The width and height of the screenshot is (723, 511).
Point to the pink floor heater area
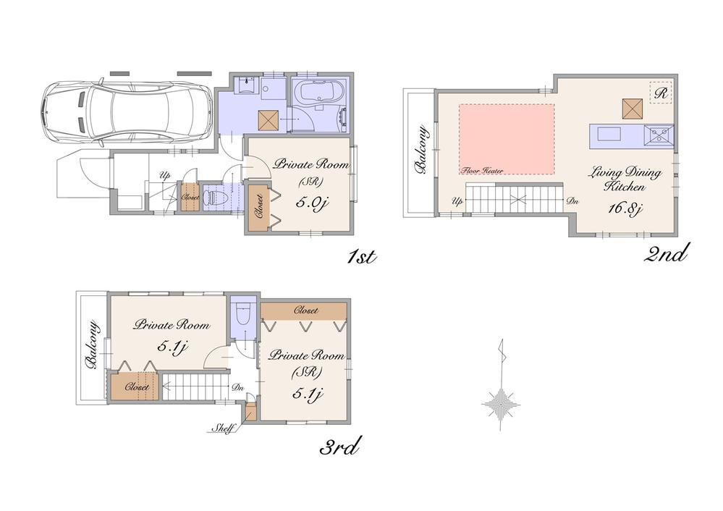(x=507, y=138)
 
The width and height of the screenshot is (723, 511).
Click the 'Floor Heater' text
(x=483, y=171)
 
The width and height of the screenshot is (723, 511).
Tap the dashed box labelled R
(x=660, y=93)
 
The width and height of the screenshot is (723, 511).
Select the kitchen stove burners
(x=659, y=133)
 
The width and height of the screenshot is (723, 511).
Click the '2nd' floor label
(x=665, y=254)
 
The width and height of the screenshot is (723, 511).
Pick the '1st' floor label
(x=359, y=256)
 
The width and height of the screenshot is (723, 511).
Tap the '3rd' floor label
(x=340, y=448)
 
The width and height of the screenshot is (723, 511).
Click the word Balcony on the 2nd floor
(x=420, y=151)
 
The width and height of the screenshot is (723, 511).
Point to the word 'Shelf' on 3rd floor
(x=222, y=428)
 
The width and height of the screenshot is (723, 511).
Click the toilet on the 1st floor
(x=217, y=196)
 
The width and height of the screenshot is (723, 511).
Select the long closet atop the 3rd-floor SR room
(x=303, y=311)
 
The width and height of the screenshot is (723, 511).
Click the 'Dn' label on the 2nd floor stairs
(x=571, y=201)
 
